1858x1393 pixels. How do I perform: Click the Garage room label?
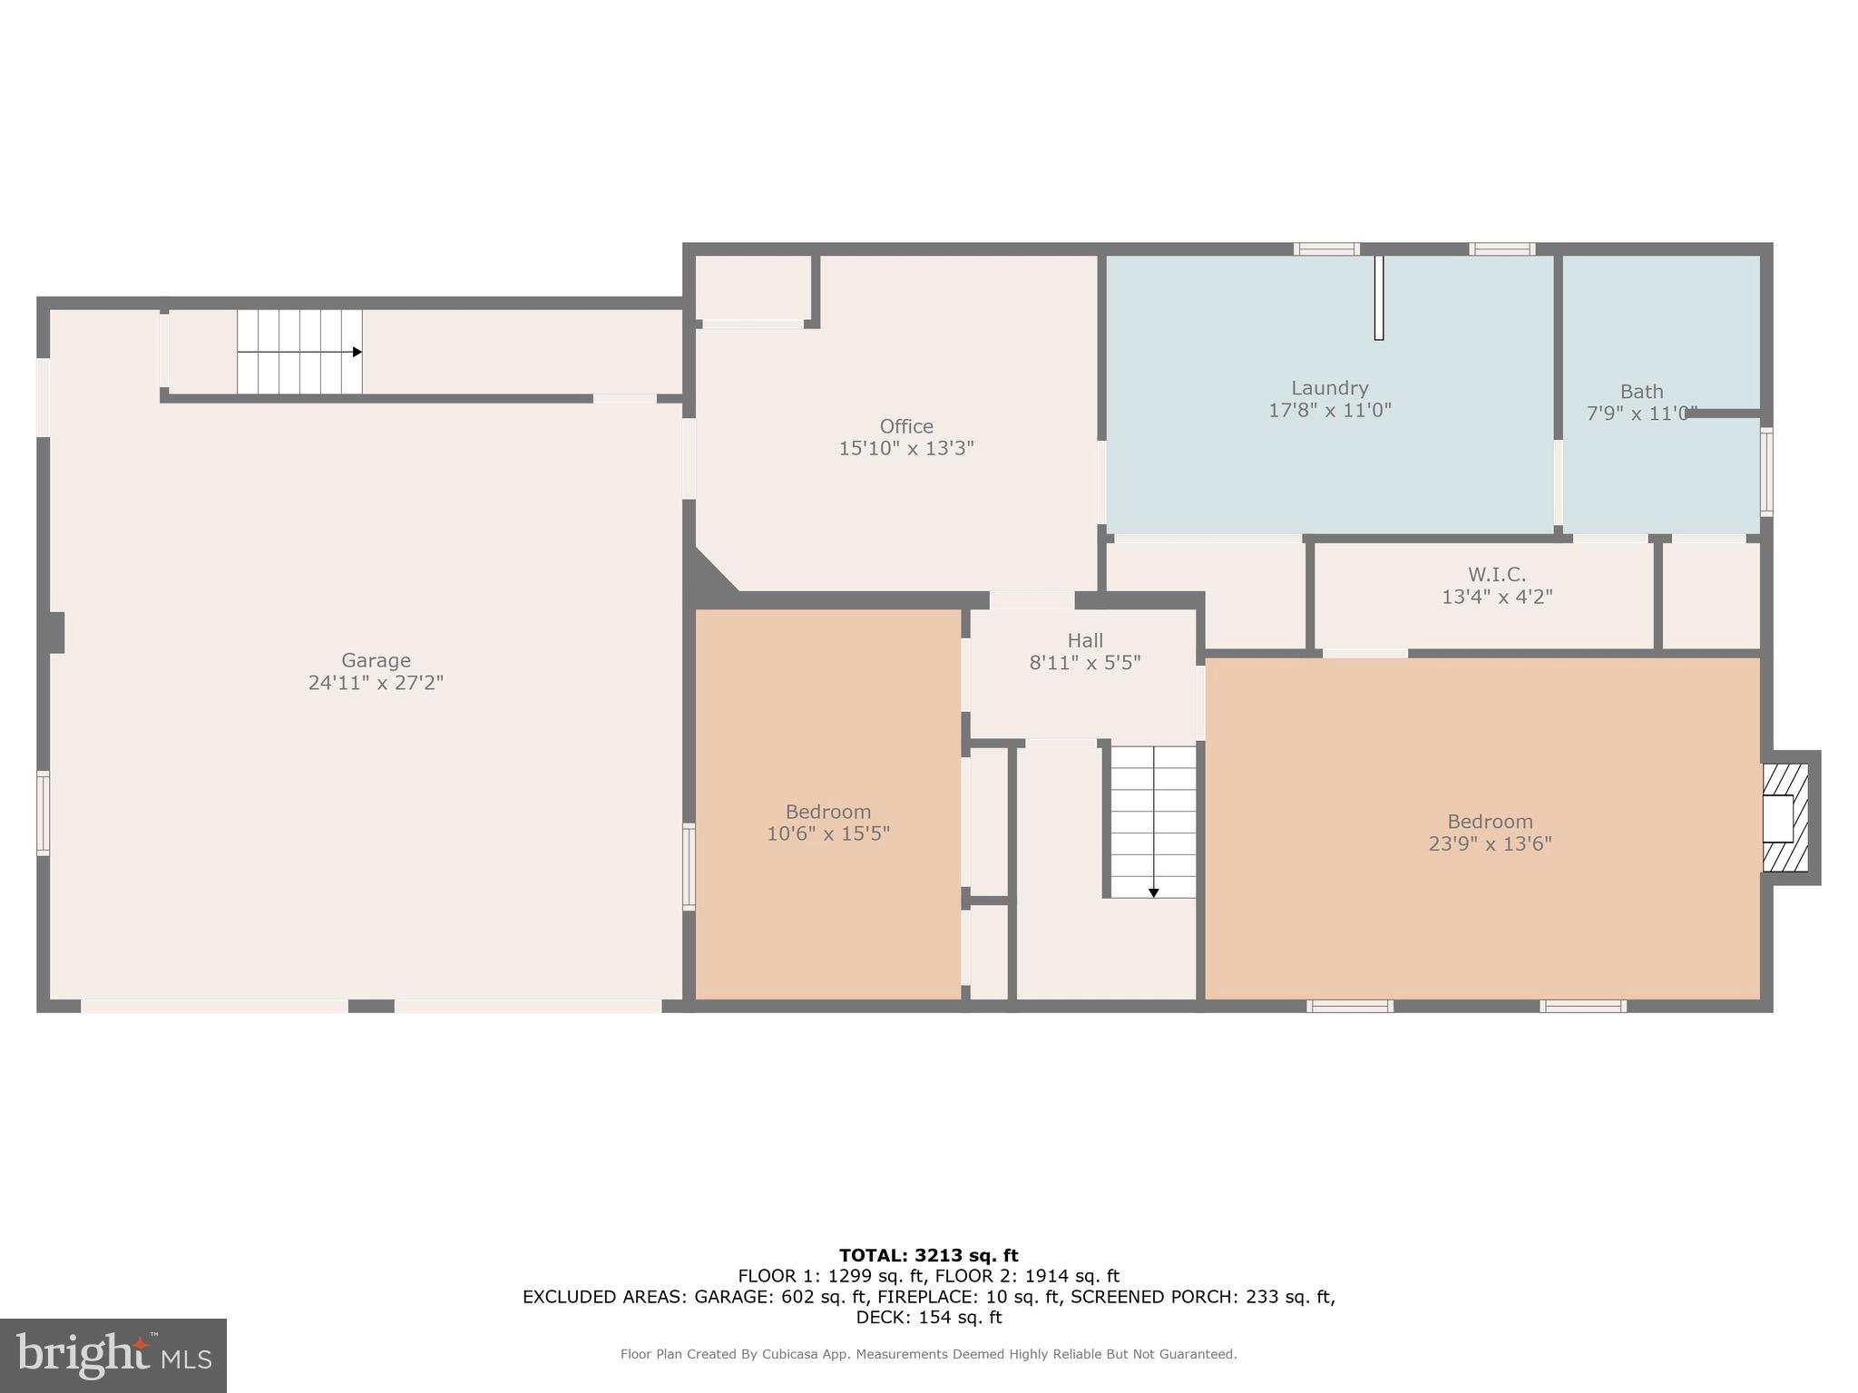(x=376, y=660)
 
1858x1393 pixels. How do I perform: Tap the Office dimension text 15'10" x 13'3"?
(x=905, y=448)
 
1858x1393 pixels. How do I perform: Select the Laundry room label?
(x=1329, y=388)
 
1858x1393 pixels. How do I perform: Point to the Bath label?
(x=1641, y=392)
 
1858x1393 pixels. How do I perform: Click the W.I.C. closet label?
(x=1496, y=574)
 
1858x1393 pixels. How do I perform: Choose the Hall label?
(x=1084, y=640)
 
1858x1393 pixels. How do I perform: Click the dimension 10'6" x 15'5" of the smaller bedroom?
(x=827, y=833)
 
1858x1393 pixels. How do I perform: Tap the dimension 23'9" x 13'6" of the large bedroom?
(x=1490, y=843)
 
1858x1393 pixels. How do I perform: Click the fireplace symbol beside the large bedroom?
(x=1785, y=818)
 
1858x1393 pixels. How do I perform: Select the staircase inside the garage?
(x=299, y=352)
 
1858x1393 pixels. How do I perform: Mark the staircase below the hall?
(x=1153, y=822)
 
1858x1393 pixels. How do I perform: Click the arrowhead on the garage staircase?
(x=357, y=352)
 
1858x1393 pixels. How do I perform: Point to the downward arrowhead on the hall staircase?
(x=1153, y=893)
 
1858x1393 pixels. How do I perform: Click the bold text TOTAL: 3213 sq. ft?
(x=928, y=1256)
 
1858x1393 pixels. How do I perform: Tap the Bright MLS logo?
(x=113, y=1356)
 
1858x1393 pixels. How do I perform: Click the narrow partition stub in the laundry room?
(x=1378, y=297)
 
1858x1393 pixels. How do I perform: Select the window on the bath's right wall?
(x=1765, y=472)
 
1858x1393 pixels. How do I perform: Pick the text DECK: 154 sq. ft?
(x=928, y=1318)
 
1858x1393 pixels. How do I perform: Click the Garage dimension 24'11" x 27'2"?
(x=376, y=683)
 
